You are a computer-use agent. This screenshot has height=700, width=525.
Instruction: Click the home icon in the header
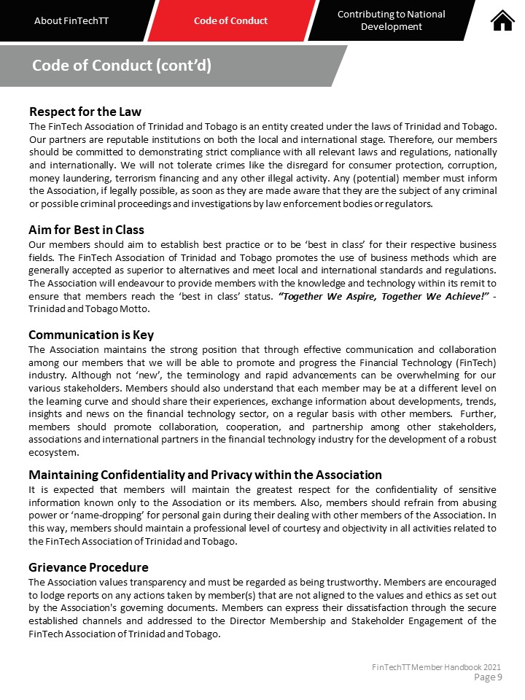(x=502, y=20)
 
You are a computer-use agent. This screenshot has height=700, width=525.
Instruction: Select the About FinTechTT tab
(x=71, y=20)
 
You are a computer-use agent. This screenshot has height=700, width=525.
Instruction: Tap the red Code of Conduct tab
(x=230, y=20)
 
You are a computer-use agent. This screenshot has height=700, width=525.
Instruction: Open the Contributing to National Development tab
(x=392, y=20)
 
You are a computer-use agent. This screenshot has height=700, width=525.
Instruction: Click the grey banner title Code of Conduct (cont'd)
(x=122, y=66)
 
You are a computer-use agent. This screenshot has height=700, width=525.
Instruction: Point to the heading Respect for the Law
(x=85, y=112)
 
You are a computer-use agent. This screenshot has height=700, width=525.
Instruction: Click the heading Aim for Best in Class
(x=87, y=230)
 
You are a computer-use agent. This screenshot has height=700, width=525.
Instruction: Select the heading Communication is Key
(x=91, y=335)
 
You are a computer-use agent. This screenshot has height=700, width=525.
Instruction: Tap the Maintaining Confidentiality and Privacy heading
(x=205, y=475)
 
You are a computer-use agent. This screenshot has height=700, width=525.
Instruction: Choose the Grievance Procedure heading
(x=88, y=567)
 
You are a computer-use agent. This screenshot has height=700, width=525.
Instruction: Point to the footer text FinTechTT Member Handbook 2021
(x=436, y=667)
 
